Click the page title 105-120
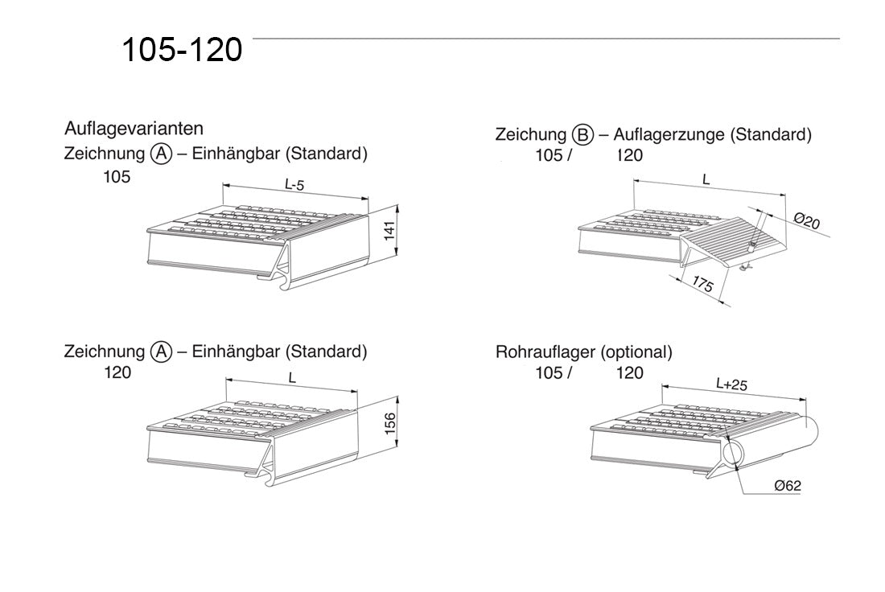tap(182, 50)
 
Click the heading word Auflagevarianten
tap(134, 129)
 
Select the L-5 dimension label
tap(294, 184)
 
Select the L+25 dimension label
tap(731, 384)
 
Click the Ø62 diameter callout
tap(786, 485)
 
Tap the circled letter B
tap(583, 135)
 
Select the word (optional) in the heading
tap(636, 352)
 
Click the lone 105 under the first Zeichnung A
tap(116, 177)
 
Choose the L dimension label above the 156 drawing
tap(292, 376)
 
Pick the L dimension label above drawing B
tap(706, 181)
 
